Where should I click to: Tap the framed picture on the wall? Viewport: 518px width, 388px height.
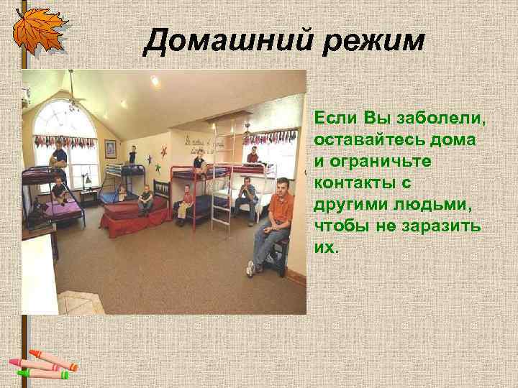coord(110,147)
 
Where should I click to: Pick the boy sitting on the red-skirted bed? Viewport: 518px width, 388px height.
coord(146,199)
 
